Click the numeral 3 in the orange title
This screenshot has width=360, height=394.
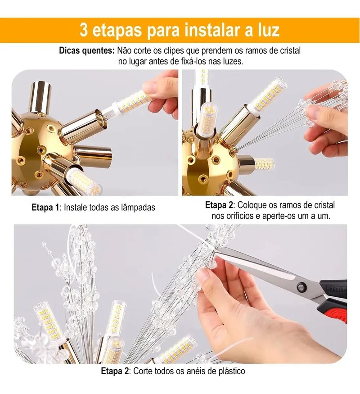click(x=84, y=31)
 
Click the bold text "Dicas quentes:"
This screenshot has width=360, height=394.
click(x=87, y=51)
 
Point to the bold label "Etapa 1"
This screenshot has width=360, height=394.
click(x=45, y=208)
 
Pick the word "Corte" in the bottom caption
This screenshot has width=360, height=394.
click(x=143, y=371)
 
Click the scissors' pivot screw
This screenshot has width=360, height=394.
click(x=301, y=286)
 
